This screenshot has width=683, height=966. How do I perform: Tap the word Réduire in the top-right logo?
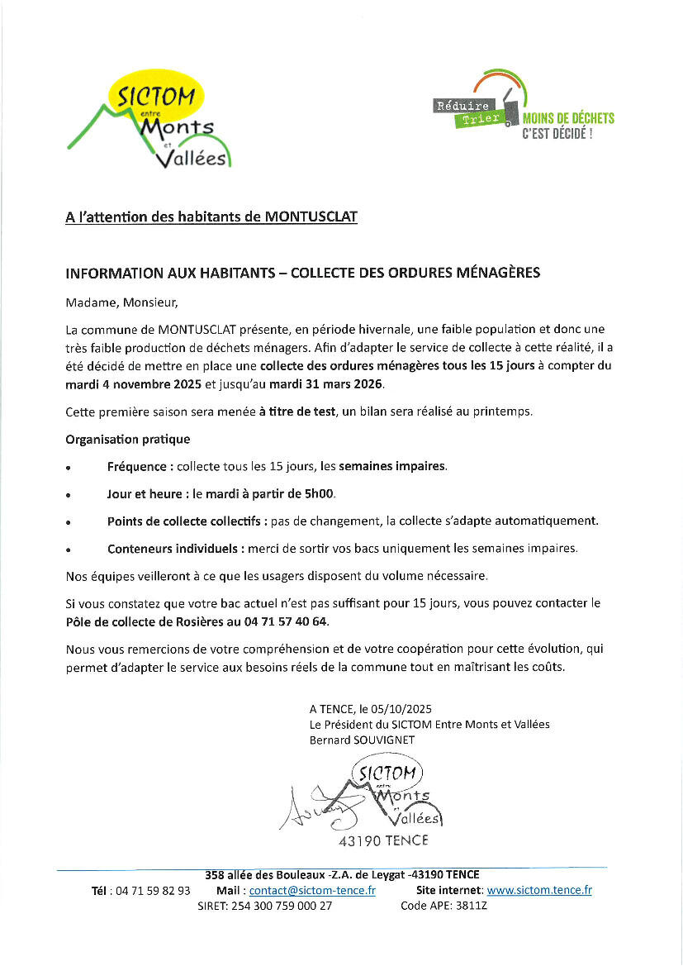(x=462, y=105)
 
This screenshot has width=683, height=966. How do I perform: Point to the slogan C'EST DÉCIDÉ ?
(x=557, y=133)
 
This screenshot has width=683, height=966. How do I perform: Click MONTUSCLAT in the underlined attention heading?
(x=311, y=217)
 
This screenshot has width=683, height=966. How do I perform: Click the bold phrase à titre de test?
(x=296, y=412)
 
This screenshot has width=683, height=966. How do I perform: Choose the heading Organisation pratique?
(x=127, y=439)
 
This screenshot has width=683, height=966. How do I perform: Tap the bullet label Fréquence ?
(x=140, y=466)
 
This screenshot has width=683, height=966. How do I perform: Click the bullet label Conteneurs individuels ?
(x=175, y=548)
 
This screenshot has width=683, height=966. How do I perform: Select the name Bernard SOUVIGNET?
(x=362, y=740)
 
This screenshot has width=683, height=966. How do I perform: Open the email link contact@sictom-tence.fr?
(x=312, y=890)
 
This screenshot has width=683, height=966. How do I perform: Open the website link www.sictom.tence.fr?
(x=539, y=890)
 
